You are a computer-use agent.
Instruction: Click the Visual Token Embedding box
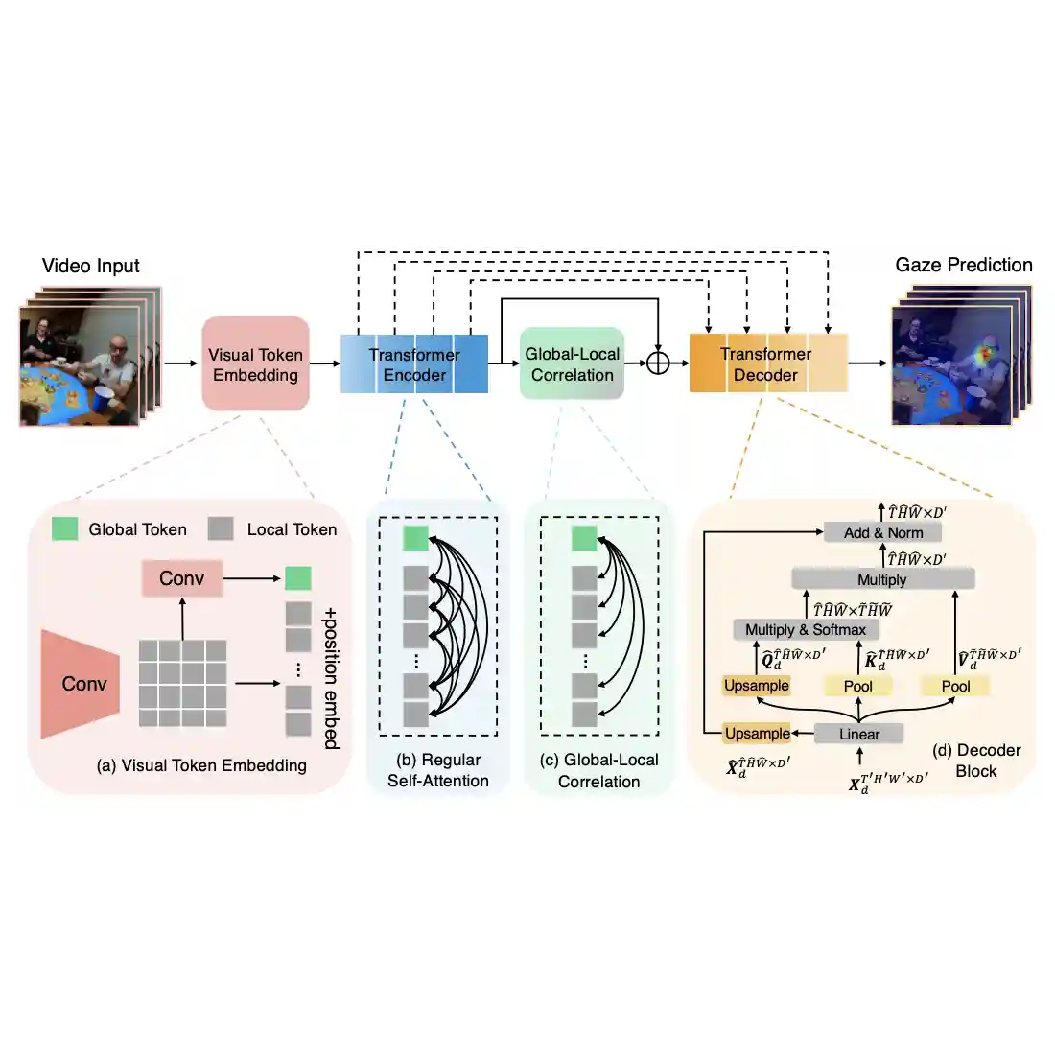coord(256,364)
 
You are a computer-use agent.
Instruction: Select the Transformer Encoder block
coord(414,364)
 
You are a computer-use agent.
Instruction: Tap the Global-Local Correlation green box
coord(573,364)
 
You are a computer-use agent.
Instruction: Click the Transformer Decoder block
coord(767,364)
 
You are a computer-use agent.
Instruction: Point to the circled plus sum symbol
coord(658,363)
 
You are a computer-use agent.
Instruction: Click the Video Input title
coord(91,266)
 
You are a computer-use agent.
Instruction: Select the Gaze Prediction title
coord(964,265)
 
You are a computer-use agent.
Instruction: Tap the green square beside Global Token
coord(65,528)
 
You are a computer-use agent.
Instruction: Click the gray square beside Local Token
coord(222,528)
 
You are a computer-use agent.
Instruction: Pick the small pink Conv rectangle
coord(182,578)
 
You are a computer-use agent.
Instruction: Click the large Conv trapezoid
coord(82,684)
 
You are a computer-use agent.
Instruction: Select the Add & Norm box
coord(883,532)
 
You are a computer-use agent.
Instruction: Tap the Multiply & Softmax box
coord(806,629)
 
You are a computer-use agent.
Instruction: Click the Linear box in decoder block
coord(859,734)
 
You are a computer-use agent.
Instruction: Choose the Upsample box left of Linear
coord(758,734)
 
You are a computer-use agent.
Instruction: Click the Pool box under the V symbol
coord(955,686)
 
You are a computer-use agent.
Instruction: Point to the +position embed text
coord(331,677)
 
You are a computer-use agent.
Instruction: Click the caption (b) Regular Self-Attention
coord(438,770)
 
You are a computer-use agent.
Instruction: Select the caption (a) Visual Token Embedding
coord(201,765)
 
